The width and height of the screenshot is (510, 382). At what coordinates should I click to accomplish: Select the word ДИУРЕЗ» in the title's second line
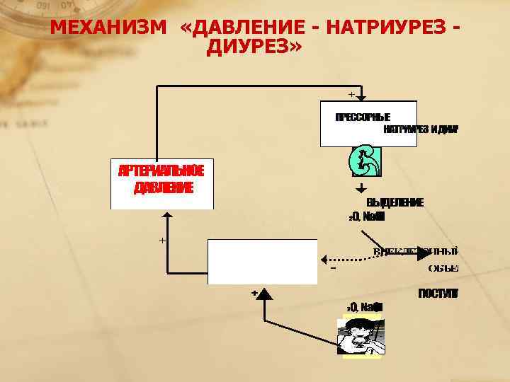coord(255,48)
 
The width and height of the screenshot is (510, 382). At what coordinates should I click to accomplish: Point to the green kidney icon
coord(366,162)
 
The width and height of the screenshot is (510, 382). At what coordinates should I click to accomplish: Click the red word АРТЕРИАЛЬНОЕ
coord(161,171)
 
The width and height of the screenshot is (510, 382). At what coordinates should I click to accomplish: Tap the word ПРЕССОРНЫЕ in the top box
coord(363,117)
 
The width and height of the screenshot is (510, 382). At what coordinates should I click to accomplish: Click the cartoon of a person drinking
coord(361,335)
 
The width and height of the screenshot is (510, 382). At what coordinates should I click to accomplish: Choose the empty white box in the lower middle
coord(262,261)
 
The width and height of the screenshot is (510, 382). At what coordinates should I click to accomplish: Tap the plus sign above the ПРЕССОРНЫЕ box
coord(351,93)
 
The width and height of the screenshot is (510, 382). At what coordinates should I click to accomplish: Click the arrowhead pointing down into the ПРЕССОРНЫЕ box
coord(361,98)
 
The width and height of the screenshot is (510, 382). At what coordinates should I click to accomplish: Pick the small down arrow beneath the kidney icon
coord(361,189)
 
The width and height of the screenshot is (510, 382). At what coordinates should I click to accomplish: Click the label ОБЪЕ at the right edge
coord(443,268)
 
